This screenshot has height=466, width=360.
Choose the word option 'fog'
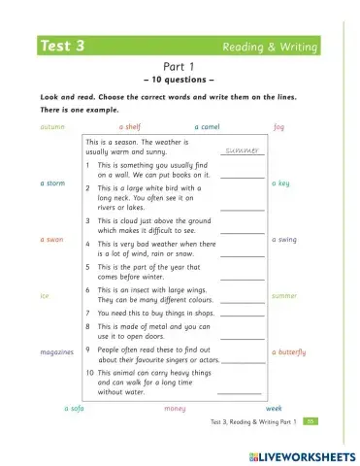(278, 126)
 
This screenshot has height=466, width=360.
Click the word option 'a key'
(279, 183)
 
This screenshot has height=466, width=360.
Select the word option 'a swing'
(284, 239)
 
